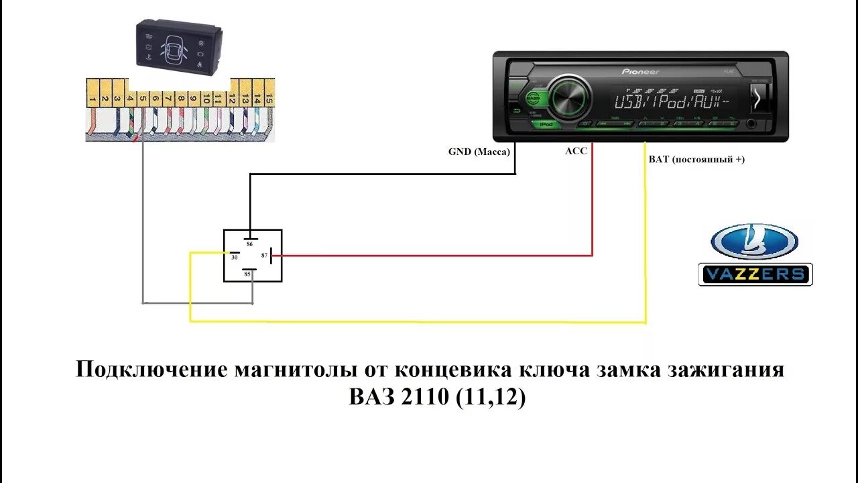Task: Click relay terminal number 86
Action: coord(249,245)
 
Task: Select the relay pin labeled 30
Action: coord(234,257)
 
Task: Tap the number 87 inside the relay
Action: coord(265,256)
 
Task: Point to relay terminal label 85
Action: coord(247,274)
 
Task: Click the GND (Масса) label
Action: coord(479,152)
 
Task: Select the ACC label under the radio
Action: coord(576,151)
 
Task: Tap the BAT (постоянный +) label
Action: coord(696,160)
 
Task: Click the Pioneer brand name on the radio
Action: coord(641,71)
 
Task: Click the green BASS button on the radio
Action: coord(533,98)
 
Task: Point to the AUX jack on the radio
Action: coord(751,123)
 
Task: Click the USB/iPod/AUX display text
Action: coord(672,103)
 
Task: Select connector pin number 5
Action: coord(143,99)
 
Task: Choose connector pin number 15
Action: coord(269,99)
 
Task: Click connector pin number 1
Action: coord(92,99)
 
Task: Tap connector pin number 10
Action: coord(206,99)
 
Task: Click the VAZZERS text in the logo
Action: coord(755,274)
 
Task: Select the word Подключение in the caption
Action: coord(151,370)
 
